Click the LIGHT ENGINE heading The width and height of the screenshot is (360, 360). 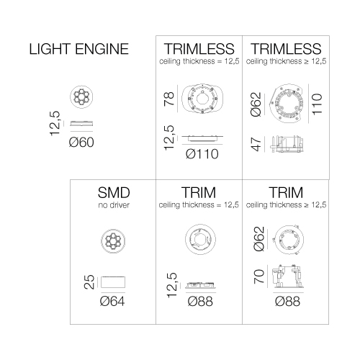pyautogui.click(x=79, y=49)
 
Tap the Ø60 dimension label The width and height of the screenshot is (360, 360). pyautogui.click(x=81, y=143)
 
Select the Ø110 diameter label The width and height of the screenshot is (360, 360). pyautogui.click(x=202, y=154)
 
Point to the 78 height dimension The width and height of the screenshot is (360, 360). pyautogui.click(x=169, y=99)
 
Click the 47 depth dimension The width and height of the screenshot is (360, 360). pyautogui.click(x=256, y=144)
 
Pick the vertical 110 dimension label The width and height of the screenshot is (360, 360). pyautogui.click(x=317, y=104)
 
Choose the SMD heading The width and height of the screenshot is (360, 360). pyautogui.click(x=114, y=192)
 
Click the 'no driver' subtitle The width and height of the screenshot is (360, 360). pyautogui.click(x=114, y=205)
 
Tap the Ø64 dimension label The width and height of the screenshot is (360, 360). pyautogui.click(x=112, y=301)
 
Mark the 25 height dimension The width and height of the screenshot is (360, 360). pyautogui.click(x=89, y=282)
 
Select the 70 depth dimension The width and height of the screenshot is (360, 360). pyautogui.click(x=259, y=276)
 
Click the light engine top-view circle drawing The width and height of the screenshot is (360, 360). pyautogui.click(x=81, y=96)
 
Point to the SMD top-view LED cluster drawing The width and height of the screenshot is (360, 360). pyautogui.click(x=113, y=241)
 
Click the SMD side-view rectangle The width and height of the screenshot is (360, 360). pyautogui.click(x=113, y=282)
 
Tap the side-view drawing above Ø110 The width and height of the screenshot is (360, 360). pyautogui.click(x=202, y=138)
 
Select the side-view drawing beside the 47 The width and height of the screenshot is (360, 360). pyautogui.click(x=287, y=144)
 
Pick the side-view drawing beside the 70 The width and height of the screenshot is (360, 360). pyautogui.click(x=288, y=276)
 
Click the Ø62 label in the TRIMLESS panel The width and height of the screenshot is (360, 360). pyautogui.click(x=256, y=104)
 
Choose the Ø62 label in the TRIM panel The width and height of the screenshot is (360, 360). pyautogui.click(x=259, y=239)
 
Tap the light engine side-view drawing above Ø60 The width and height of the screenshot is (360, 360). pyautogui.click(x=81, y=124)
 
